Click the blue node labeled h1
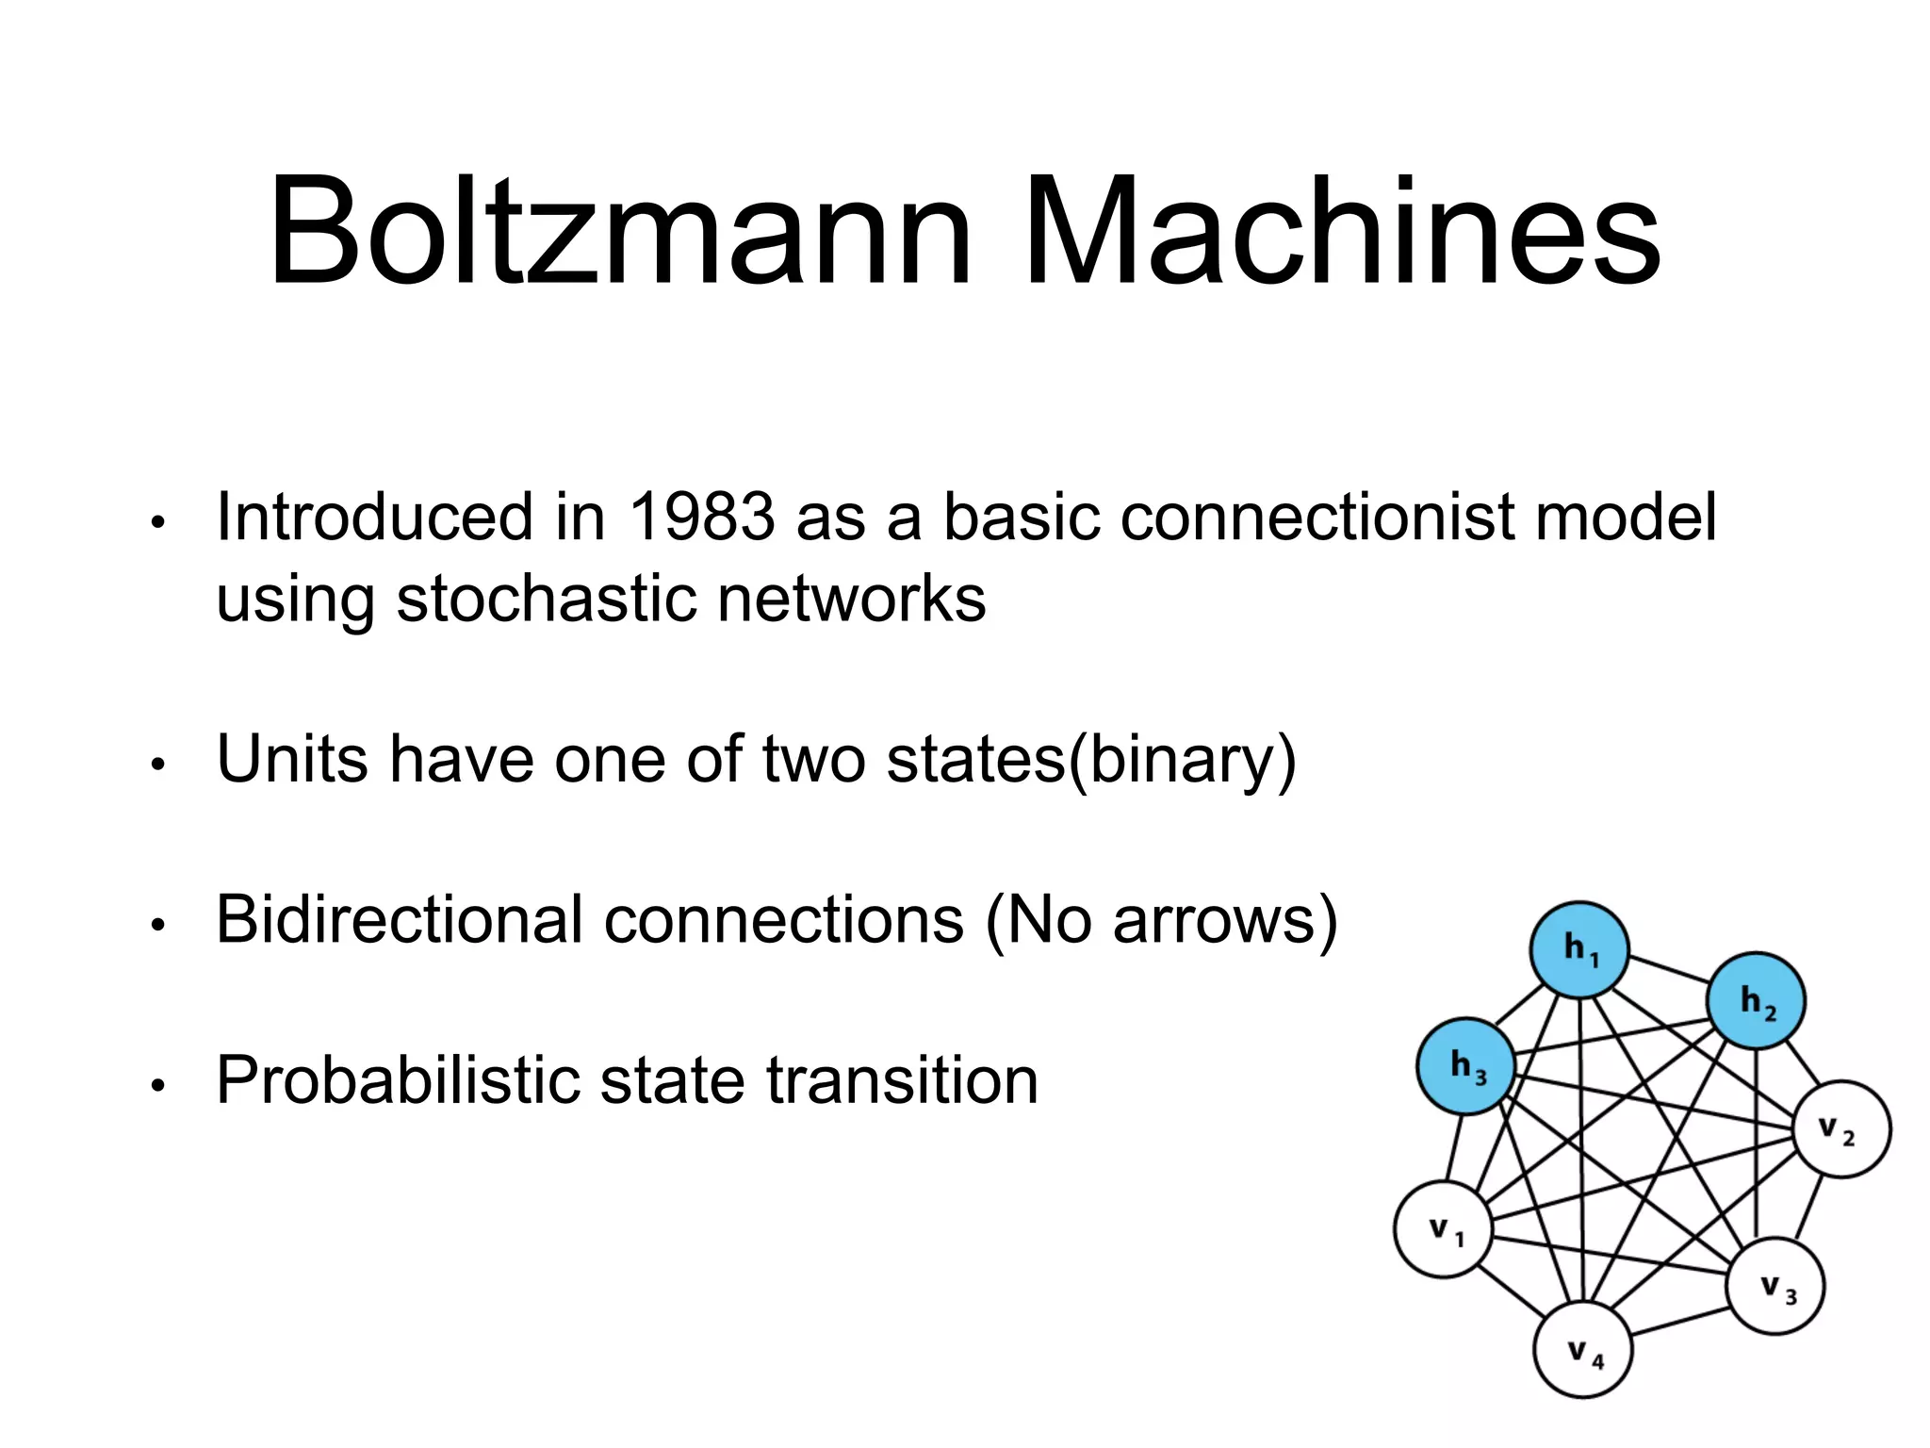1579,949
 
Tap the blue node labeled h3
1466,1066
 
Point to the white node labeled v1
1443,1229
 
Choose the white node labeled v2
1841,1128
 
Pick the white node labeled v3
1775,1286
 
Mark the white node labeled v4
1583,1350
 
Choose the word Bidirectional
400,918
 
